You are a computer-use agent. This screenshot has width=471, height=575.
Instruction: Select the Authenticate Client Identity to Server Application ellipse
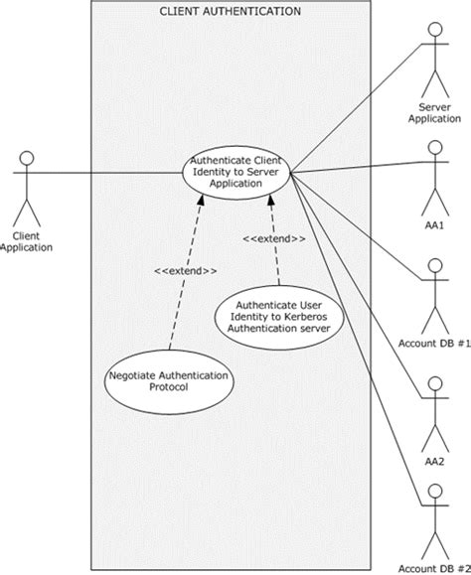click(x=235, y=172)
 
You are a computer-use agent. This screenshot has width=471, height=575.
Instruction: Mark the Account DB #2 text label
click(x=433, y=566)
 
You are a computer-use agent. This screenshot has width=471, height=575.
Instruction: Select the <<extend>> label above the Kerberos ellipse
click(x=273, y=238)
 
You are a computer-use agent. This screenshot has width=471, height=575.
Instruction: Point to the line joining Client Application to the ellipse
click(x=109, y=173)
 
